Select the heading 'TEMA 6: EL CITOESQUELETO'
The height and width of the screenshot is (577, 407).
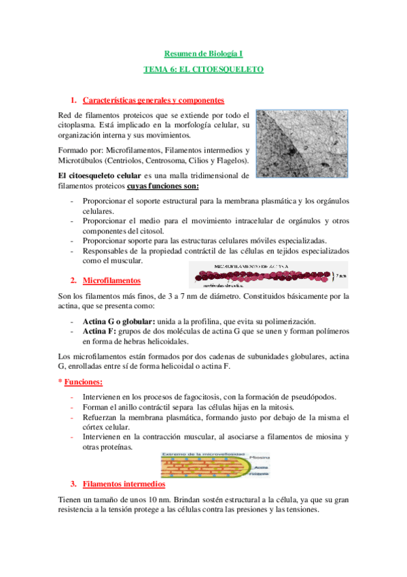[x=203, y=69]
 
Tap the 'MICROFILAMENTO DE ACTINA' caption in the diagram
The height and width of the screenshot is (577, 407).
[x=251, y=265]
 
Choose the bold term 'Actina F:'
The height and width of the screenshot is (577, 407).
[x=99, y=331]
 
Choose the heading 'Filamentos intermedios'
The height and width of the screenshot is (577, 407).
[x=123, y=484]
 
